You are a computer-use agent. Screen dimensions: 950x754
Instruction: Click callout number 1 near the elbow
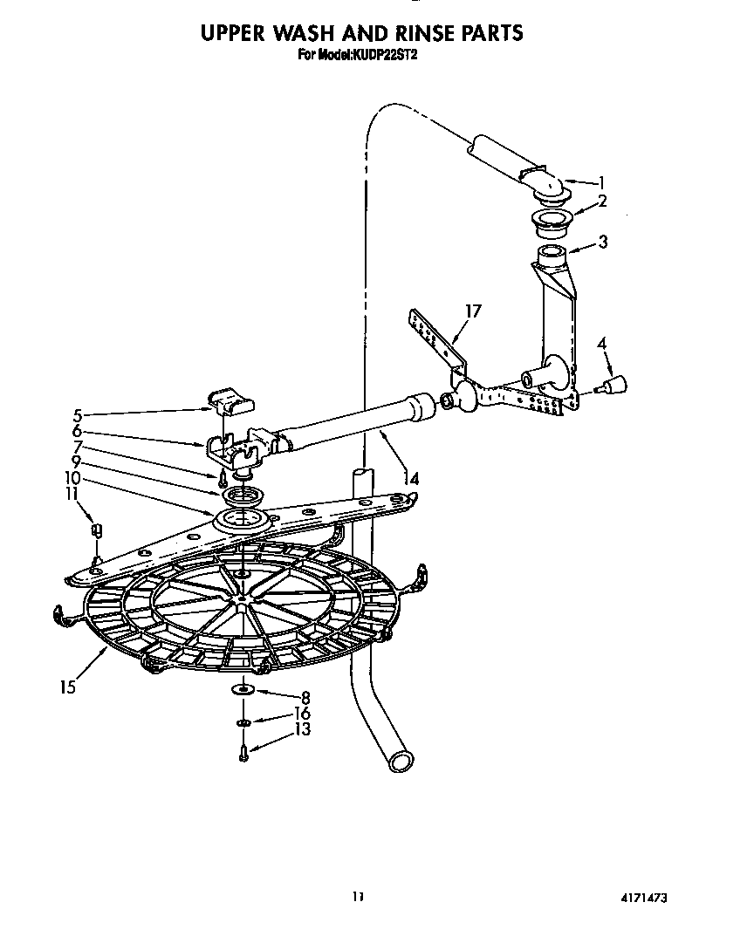600,183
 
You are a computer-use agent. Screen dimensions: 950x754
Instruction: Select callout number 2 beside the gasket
602,202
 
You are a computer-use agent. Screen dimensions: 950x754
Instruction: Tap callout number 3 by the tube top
603,242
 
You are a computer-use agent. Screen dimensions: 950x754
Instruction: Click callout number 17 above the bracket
474,311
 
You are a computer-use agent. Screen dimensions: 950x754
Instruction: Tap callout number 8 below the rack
305,697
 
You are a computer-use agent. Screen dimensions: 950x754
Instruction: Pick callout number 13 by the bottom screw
303,728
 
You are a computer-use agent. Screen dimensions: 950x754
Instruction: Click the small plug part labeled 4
617,383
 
